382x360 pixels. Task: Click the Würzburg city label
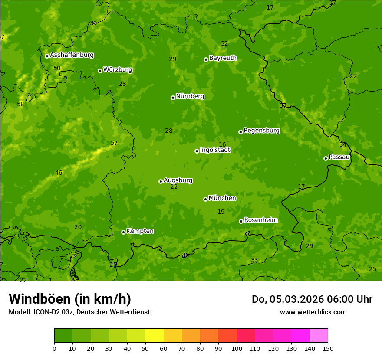point(118,70)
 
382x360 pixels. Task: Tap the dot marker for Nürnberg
point(173,98)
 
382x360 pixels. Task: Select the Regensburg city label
point(261,131)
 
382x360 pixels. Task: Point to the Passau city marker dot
point(326,158)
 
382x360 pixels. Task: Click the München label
point(222,198)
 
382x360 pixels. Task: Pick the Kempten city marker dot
point(123,232)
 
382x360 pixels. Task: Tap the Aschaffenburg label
point(72,55)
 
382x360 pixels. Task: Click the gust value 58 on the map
point(20,105)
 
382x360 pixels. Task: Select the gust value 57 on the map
point(114,143)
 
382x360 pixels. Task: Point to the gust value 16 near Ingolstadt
point(222,145)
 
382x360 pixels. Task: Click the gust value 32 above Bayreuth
point(224,44)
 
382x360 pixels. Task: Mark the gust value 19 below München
point(221,212)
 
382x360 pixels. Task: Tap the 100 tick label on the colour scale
point(237,348)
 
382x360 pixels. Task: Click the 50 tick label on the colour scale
point(145,348)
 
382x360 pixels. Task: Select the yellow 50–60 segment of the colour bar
point(155,336)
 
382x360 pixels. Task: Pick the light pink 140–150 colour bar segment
point(319,336)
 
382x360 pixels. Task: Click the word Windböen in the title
point(40,299)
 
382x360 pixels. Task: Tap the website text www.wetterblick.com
point(313,312)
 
